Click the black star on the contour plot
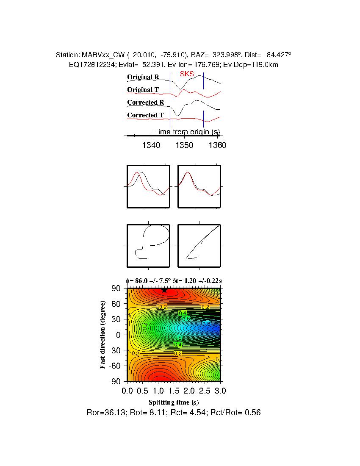(x=164, y=290)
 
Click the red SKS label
(x=187, y=74)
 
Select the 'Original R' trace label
(x=143, y=77)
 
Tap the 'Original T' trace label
(x=143, y=90)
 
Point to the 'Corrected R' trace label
(x=145, y=103)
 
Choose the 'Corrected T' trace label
(x=145, y=115)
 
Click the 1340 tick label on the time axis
(x=151, y=145)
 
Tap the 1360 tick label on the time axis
(x=218, y=145)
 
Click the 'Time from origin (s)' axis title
(x=186, y=132)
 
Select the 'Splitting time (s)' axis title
(x=174, y=402)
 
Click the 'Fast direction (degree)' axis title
(x=103, y=335)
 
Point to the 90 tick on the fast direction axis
(x=116, y=288)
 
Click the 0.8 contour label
(x=206, y=324)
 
